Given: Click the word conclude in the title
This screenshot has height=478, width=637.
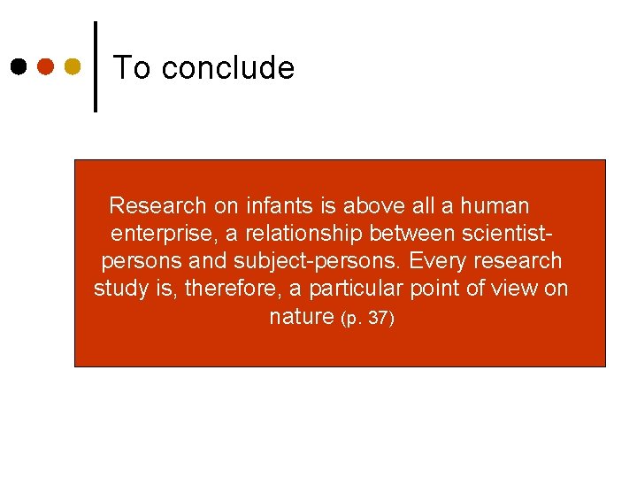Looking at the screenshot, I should tap(228, 67).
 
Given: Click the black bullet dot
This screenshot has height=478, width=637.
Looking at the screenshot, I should tap(19, 66).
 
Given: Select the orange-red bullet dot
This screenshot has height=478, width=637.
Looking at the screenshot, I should tap(46, 66).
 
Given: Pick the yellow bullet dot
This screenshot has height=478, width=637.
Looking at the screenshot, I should tap(73, 66).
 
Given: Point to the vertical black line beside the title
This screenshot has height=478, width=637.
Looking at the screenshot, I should tap(96, 66).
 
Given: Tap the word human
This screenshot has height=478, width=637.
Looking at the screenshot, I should tap(494, 206).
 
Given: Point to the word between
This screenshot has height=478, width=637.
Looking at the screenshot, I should tap(412, 234).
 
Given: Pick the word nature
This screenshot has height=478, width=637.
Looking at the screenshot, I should tap(301, 316).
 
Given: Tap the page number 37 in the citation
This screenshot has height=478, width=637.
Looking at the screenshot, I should tap(376, 318).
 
